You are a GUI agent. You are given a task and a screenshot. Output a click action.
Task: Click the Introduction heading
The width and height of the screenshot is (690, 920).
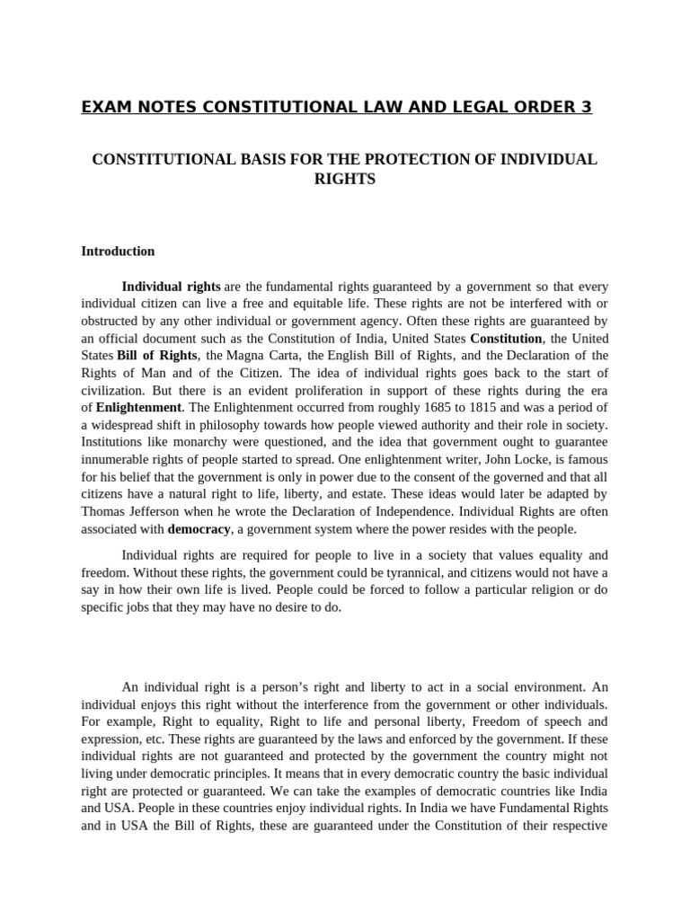tap(118, 252)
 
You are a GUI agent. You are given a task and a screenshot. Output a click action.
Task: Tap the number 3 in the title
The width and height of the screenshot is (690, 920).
tap(587, 108)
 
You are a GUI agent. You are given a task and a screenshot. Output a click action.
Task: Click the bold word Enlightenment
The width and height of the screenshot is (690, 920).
tap(134, 407)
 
